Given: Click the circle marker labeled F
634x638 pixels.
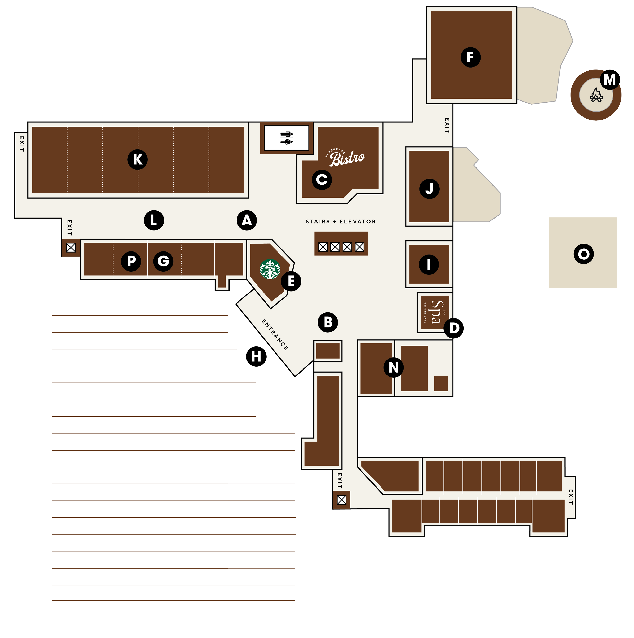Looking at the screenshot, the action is (470, 57).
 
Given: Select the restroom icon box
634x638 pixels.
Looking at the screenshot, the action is (287, 138).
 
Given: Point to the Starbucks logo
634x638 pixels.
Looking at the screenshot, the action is (270, 270).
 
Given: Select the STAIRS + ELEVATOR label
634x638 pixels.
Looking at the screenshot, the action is (341, 222).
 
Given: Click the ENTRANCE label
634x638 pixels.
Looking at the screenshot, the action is (275, 334).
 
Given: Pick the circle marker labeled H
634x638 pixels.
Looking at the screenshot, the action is (256, 357).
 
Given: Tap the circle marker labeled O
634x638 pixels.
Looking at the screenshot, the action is (584, 254).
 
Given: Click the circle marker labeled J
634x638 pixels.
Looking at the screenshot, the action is (429, 189).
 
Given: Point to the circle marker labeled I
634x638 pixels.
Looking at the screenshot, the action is (429, 264).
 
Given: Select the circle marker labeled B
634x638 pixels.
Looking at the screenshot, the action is (328, 322).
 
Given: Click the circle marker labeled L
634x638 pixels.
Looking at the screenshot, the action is (154, 220).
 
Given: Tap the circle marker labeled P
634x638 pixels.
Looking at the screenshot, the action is (131, 261).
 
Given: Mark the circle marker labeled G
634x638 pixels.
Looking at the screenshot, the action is (163, 261).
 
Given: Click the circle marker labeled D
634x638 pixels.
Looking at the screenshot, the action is (454, 328).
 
